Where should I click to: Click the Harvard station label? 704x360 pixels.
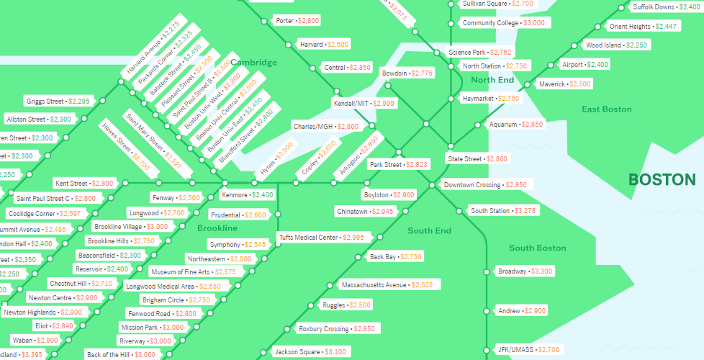click(311, 45)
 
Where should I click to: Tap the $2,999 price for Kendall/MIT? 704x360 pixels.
click(384, 104)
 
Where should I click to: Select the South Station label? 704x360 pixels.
click(490, 211)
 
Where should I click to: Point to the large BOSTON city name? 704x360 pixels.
click(662, 180)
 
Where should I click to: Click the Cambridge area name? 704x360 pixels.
click(253, 63)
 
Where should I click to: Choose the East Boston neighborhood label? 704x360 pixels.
click(606, 109)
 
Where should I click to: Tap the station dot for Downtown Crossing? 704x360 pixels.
click(432, 185)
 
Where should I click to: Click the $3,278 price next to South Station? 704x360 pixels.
click(525, 211)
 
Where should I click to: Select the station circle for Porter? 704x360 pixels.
click(265, 21)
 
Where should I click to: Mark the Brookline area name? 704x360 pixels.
click(217, 228)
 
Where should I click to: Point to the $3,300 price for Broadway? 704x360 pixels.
click(541, 271)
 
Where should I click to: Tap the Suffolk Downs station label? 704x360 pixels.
click(653, 7)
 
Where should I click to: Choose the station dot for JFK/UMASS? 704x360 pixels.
click(487, 350)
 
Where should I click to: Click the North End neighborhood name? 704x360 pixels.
click(492, 80)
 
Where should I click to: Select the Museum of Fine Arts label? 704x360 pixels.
click(180, 272)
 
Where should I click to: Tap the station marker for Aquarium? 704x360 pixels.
click(477, 125)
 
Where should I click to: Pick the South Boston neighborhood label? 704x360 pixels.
click(537, 248)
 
